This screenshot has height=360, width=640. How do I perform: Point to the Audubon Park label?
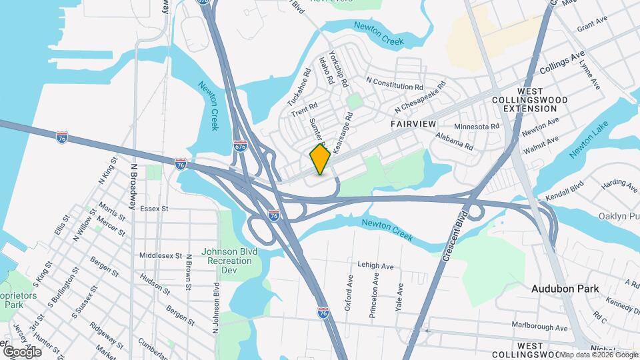[565, 289]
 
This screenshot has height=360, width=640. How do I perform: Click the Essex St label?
[155, 209]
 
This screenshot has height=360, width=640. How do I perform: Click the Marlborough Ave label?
[539, 328]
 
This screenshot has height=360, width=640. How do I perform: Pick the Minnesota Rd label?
[477, 126]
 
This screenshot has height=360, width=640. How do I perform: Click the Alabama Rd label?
[454, 141]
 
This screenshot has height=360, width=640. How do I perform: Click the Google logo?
[22, 351]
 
